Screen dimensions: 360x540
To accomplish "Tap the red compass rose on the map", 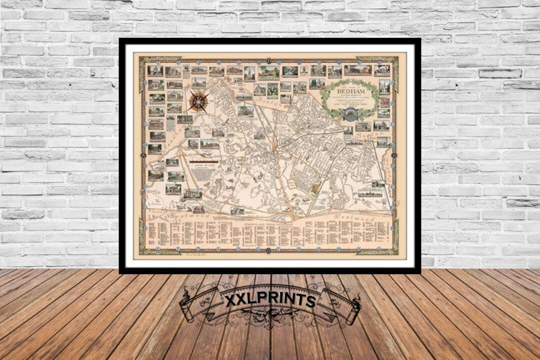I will (x=198, y=101).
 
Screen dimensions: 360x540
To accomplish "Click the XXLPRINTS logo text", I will (x=269, y=300).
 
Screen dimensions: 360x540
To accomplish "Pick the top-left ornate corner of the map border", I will (x=144, y=61).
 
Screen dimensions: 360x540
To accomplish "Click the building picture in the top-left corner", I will (x=155, y=71).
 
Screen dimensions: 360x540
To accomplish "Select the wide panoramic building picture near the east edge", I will (x=370, y=192).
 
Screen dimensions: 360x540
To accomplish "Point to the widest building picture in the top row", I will (x=357, y=70).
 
